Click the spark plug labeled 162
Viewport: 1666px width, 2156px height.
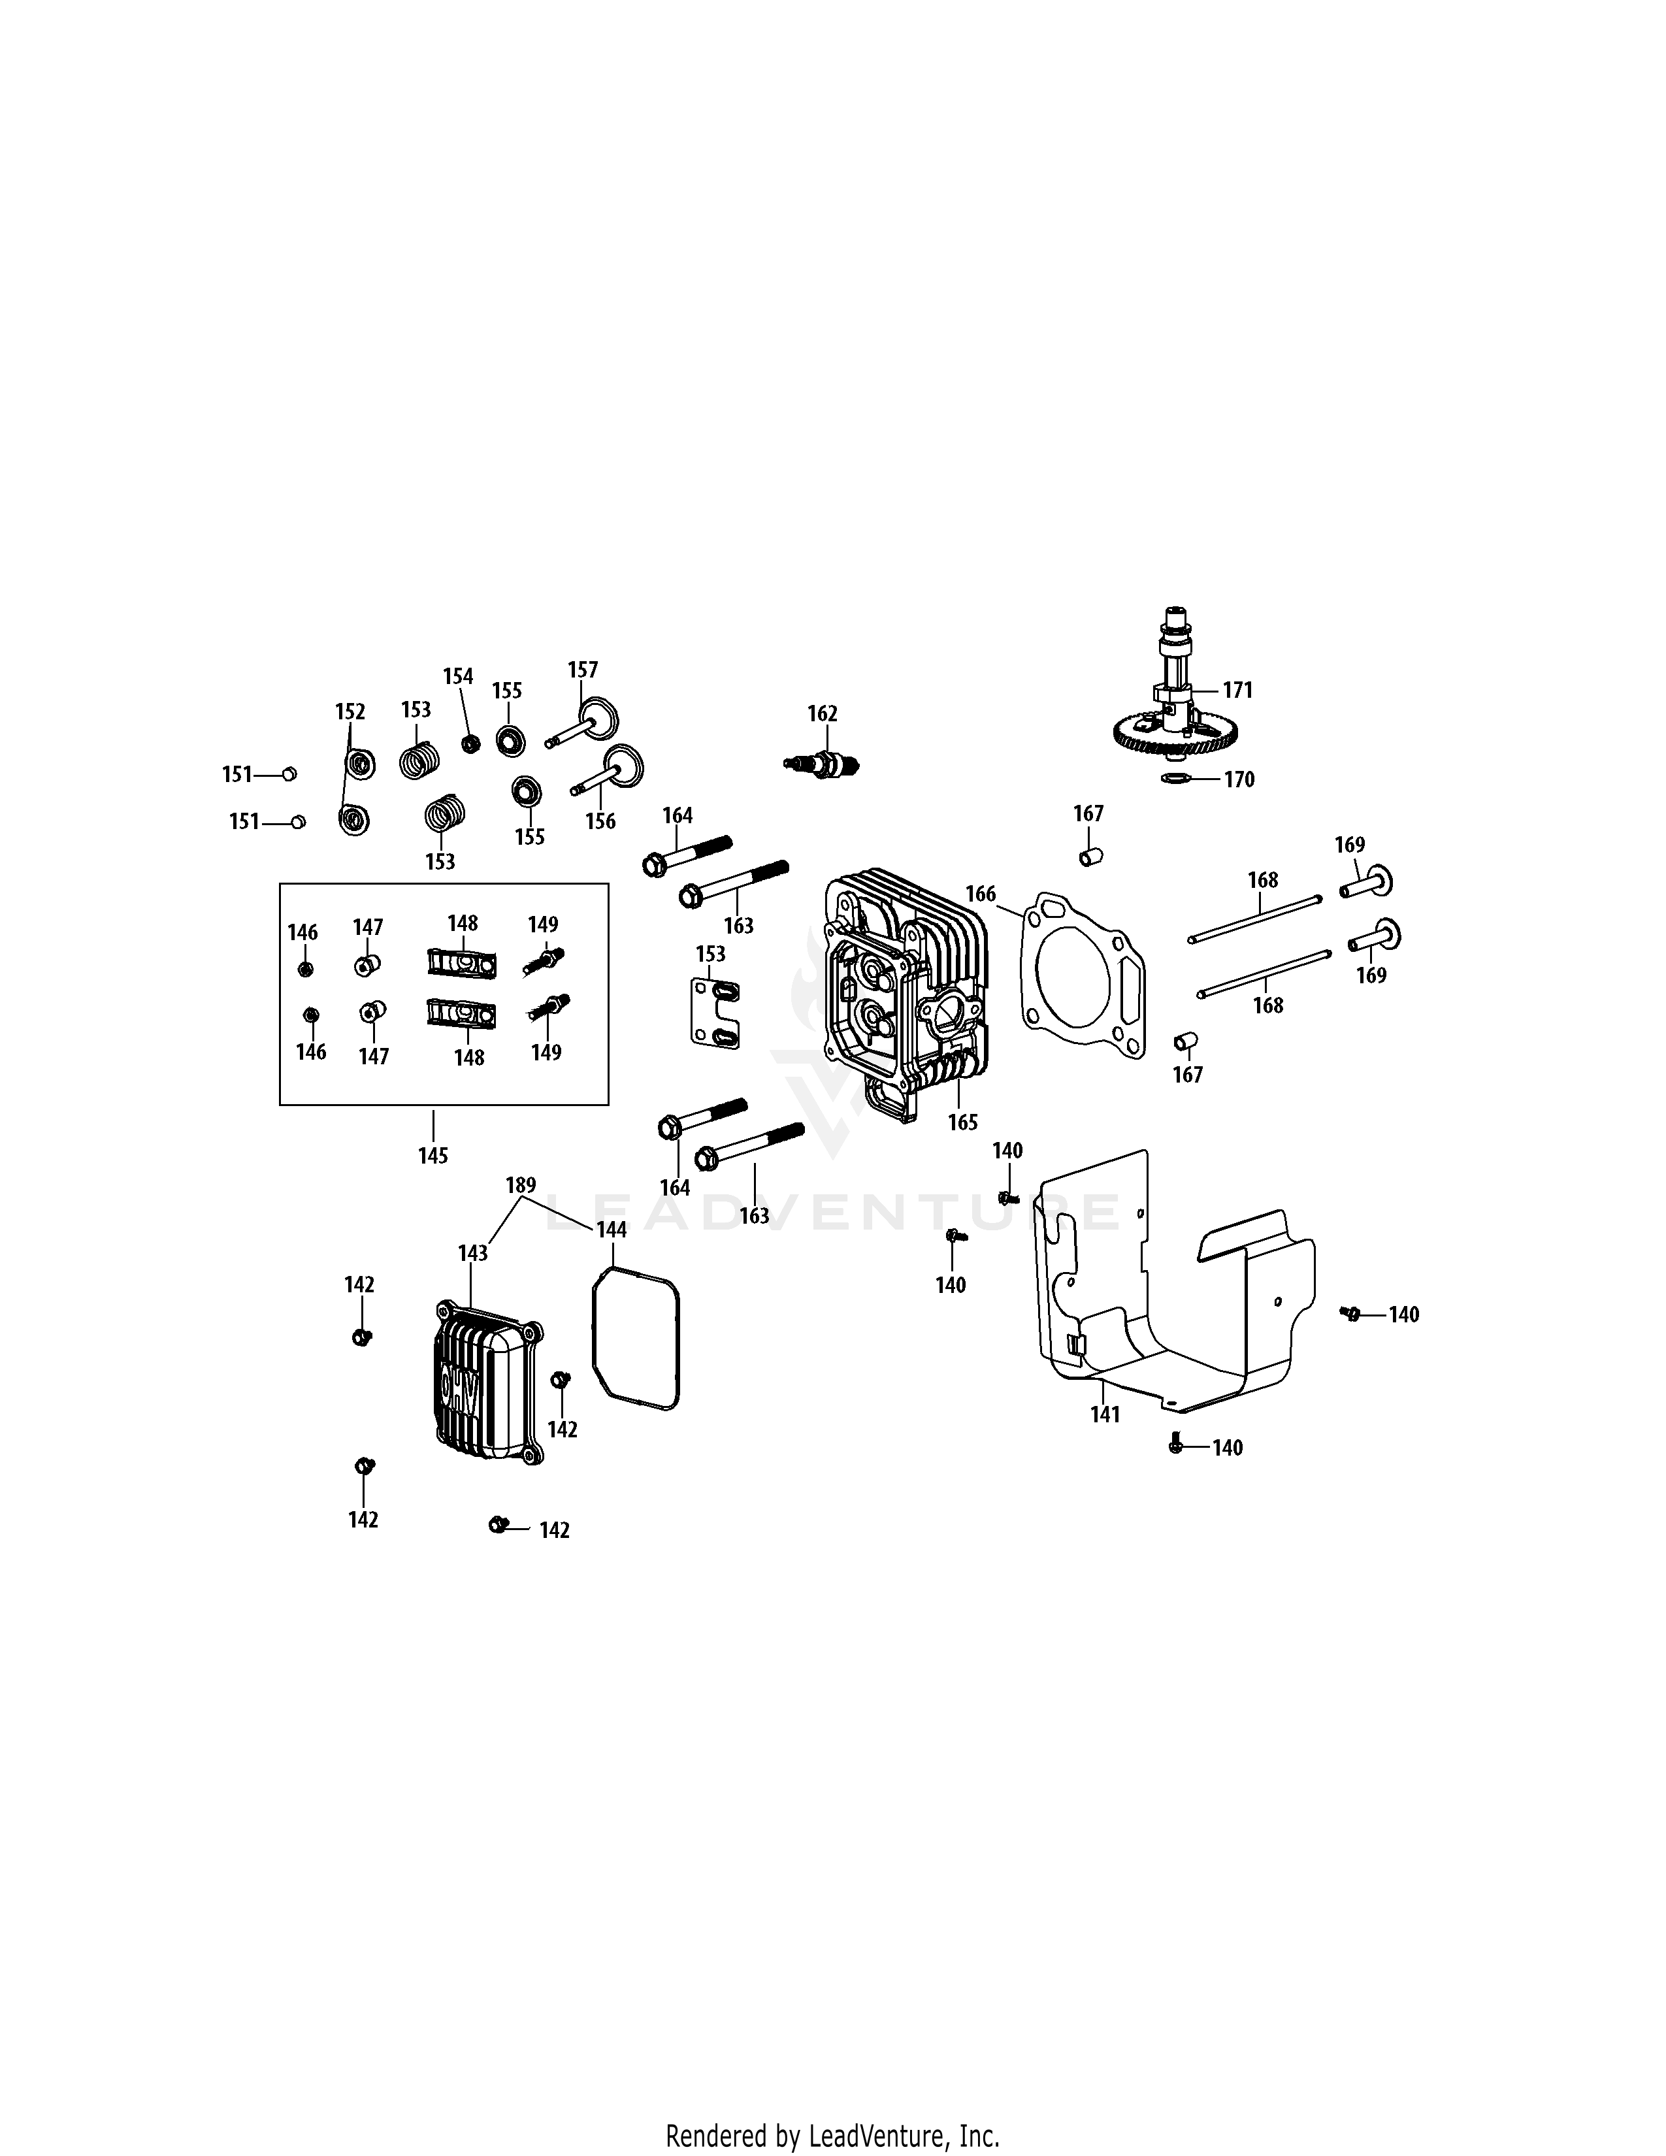click(x=822, y=763)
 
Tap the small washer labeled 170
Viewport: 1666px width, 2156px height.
click(x=1175, y=779)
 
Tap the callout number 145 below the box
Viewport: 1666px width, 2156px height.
click(x=433, y=1156)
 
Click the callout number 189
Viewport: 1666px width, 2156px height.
click(x=521, y=1184)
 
